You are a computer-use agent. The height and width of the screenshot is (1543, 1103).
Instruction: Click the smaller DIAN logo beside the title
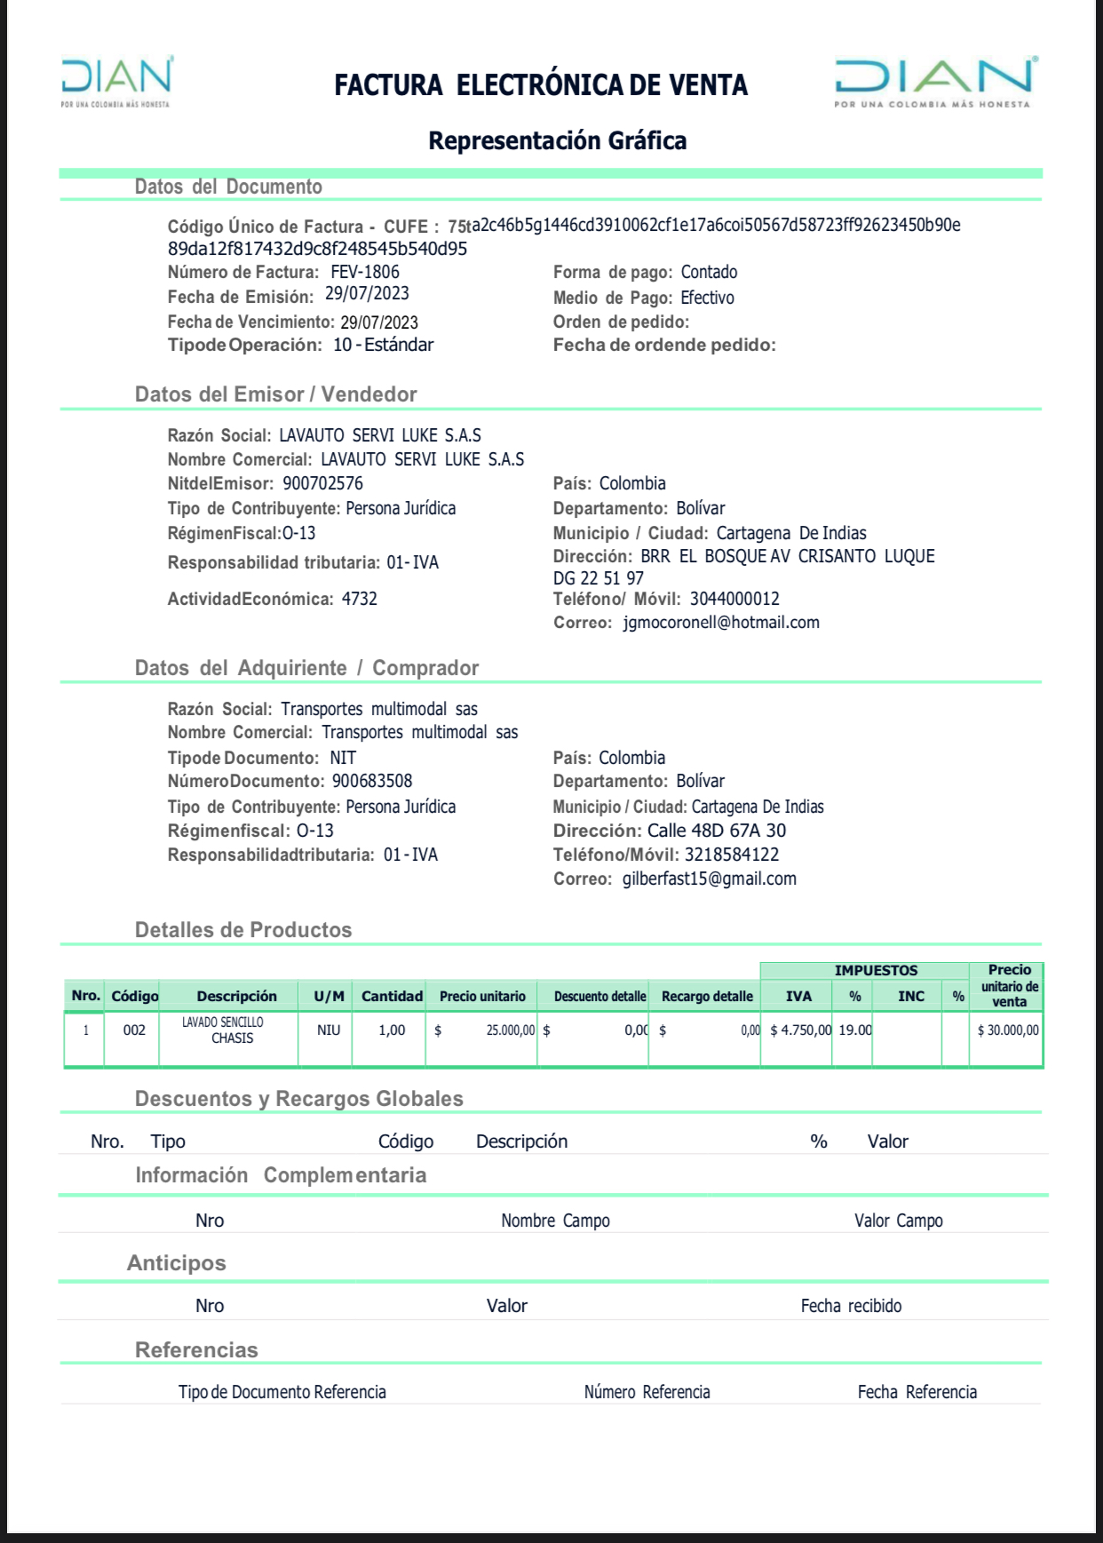click(x=116, y=81)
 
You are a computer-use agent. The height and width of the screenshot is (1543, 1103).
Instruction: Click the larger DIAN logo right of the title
click(x=934, y=81)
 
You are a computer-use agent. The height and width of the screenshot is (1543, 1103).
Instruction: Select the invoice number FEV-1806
click(x=365, y=272)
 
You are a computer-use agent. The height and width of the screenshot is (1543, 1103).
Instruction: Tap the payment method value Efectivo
click(x=707, y=298)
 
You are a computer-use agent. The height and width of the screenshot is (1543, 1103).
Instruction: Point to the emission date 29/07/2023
click(x=367, y=294)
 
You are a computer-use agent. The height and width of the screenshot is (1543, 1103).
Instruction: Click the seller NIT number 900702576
click(x=323, y=483)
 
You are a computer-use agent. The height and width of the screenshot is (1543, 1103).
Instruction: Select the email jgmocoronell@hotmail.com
click(x=721, y=622)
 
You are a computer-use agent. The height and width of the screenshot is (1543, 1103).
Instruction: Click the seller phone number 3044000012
click(x=734, y=599)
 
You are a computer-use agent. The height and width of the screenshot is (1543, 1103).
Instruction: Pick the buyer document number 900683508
click(x=372, y=781)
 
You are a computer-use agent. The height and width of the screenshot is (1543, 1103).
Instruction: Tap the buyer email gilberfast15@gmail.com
click(x=710, y=879)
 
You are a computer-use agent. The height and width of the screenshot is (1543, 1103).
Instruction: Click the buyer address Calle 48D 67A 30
click(x=716, y=831)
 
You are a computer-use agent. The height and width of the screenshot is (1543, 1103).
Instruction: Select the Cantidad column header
click(x=392, y=996)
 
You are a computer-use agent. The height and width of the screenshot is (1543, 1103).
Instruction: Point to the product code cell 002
click(x=134, y=1030)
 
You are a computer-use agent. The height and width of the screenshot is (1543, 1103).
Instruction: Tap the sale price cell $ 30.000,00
click(x=1008, y=1030)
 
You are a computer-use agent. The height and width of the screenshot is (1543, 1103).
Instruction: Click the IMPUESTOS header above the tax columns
click(x=876, y=970)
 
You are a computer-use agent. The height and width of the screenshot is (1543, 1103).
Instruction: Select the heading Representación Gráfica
click(x=557, y=140)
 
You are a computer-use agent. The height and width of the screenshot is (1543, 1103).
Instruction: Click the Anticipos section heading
click(x=176, y=1262)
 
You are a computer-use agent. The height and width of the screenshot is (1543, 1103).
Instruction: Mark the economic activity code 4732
click(x=359, y=599)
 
